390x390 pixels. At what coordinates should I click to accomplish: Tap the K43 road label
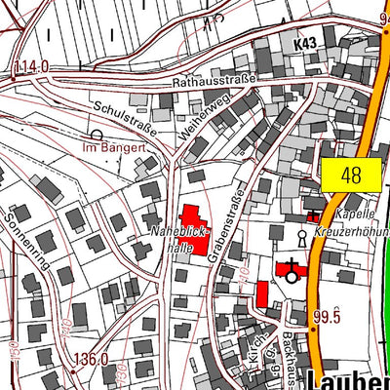tap(305, 45)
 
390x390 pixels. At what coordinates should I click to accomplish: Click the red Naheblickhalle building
tap(195, 229)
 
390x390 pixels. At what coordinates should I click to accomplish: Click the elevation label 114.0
tap(31, 66)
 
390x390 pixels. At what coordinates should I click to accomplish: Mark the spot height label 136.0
tap(90, 359)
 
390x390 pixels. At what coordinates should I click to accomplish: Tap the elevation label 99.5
tap(326, 317)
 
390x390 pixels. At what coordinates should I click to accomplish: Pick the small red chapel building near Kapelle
tap(313, 215)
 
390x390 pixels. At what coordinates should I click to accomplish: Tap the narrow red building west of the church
tap(262, 292)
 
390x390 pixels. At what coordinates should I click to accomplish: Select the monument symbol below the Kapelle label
tap(302, 236)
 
